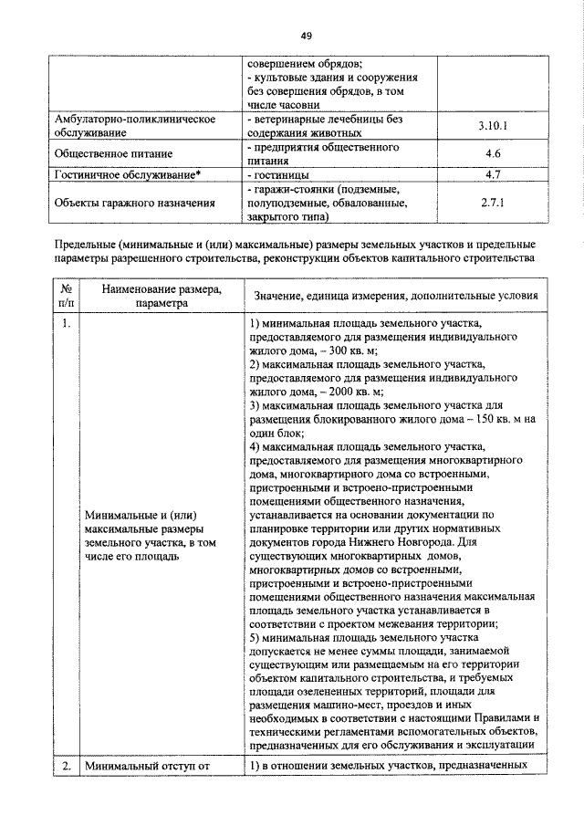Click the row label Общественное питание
point(114,153)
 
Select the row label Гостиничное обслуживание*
point(122,173)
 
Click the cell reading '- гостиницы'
point(278,173)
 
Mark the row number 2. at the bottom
point(67,766)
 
